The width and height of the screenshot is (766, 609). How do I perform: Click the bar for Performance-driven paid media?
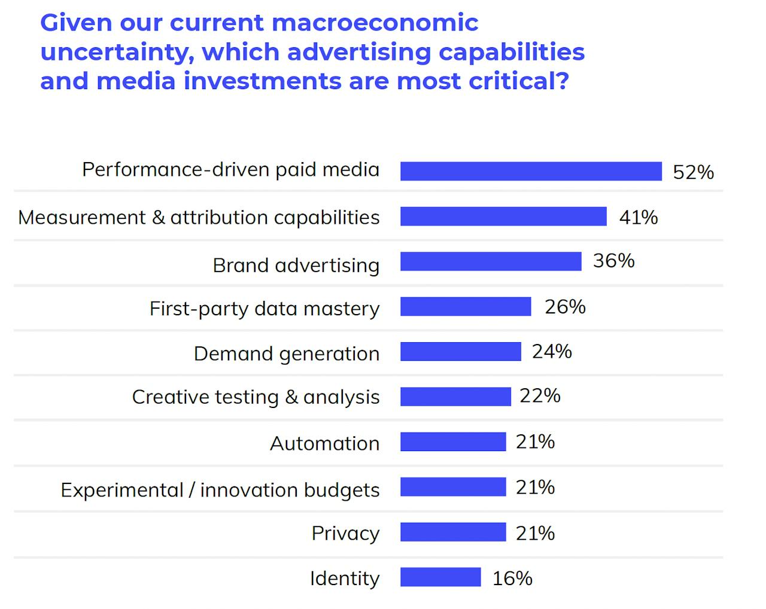531,171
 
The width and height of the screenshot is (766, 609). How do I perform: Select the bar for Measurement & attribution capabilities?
503,216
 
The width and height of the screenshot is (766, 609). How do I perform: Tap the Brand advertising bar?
491,261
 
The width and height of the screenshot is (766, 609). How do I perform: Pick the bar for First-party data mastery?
466,306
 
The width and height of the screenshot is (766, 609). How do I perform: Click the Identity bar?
440,577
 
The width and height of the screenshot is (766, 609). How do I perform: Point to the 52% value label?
693,172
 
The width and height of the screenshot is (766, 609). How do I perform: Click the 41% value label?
638,217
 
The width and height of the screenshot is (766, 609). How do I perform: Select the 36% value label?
613,261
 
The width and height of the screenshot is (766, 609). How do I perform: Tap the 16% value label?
512,578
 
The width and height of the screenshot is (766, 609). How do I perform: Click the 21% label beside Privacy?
535,533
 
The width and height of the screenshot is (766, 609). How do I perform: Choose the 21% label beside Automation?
535,442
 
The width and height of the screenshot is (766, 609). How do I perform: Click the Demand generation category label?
287,354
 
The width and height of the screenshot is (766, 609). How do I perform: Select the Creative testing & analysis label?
256,397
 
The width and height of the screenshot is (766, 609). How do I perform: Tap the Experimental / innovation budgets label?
220,490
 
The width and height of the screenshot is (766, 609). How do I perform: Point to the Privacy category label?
345,533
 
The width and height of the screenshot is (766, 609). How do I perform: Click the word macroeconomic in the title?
375,23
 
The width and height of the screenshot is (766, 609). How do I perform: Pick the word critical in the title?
518,81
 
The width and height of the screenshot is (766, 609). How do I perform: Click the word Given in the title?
76,23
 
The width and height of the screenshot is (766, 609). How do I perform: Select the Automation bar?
453,442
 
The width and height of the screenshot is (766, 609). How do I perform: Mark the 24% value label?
552,352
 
